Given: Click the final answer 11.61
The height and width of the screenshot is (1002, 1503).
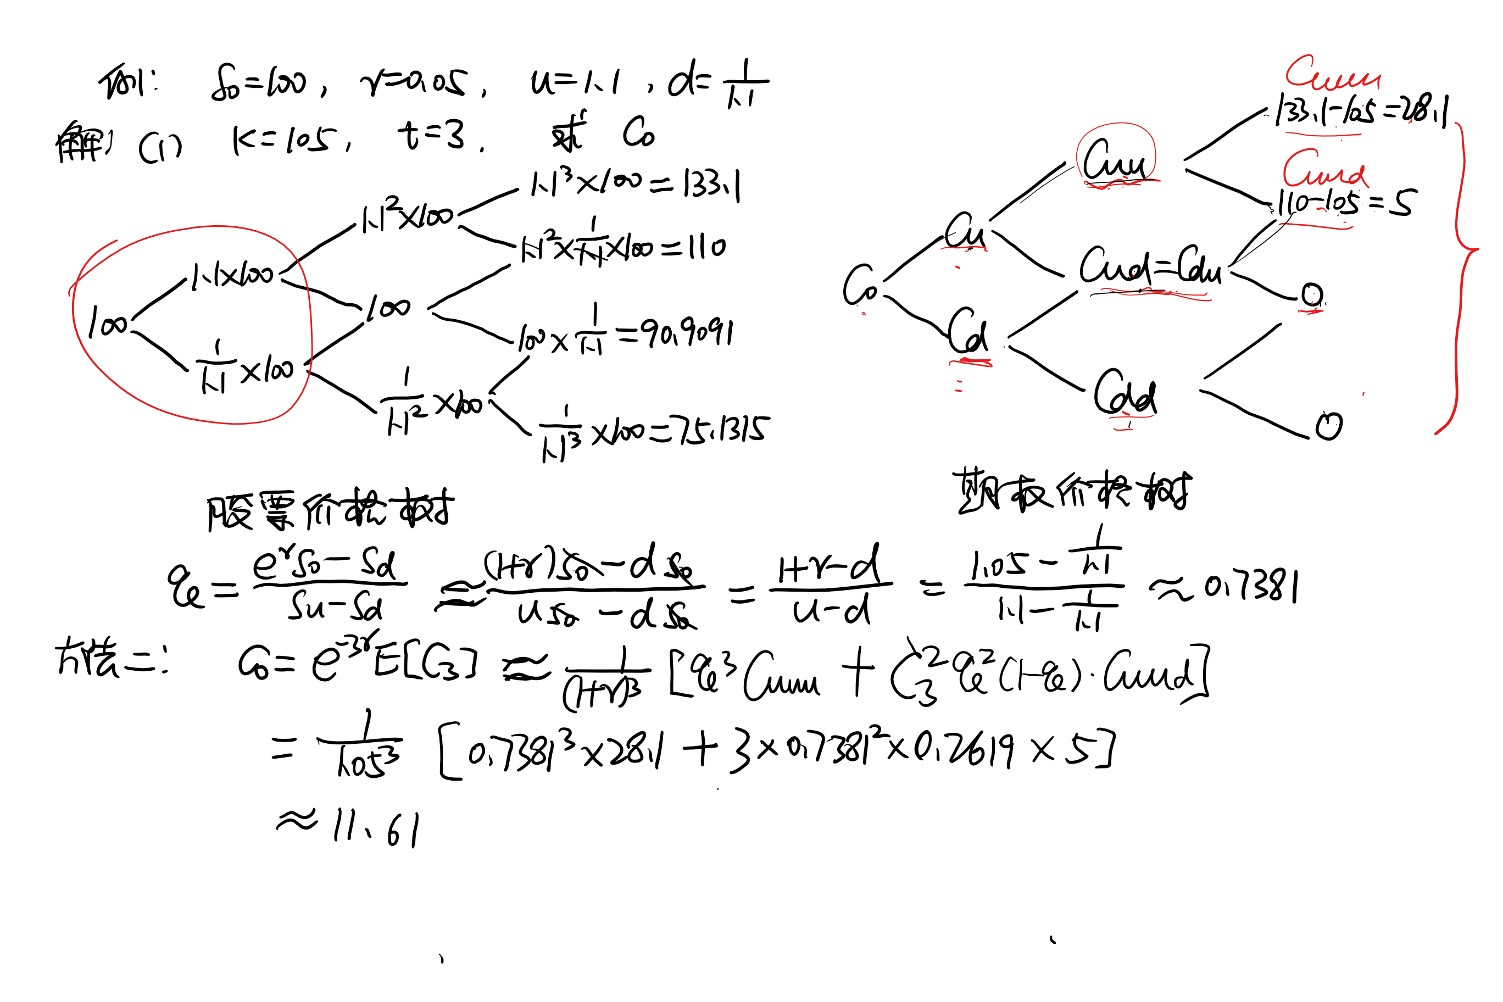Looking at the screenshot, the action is pos(377,828).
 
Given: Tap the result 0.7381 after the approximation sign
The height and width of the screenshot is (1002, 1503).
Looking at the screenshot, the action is pos(1251,587).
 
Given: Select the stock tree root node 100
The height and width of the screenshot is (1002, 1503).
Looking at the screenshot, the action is pos(107,322).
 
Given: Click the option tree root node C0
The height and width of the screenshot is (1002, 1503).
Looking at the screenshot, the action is pos(860,285).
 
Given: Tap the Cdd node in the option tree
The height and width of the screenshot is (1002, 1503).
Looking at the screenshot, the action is pos(1125,393).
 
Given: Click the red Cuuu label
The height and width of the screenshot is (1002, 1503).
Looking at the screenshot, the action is pos(1332,74).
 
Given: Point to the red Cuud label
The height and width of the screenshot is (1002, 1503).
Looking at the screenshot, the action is pos(1324,169).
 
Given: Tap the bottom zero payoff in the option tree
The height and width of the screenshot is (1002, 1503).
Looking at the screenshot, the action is pos(1328,426).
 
